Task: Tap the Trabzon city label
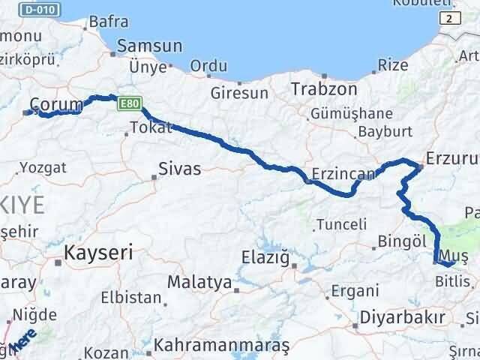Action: (324, 88)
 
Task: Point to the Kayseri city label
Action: (98, 253)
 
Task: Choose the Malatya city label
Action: (199, 283)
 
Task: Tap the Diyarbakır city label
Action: (402, 316)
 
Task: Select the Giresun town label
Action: (239, 94)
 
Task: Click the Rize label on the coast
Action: (394, 65)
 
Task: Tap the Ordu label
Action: (208, 66)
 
